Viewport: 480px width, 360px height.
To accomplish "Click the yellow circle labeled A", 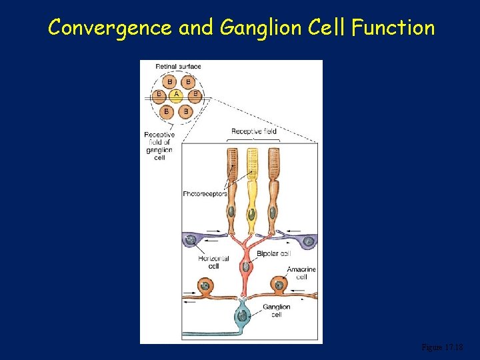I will click(177, 95).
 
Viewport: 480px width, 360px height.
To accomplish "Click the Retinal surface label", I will click(178, 66).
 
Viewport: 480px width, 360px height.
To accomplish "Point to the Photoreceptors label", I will click(205, 194).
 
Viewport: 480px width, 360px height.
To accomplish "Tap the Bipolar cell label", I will click(273, 253).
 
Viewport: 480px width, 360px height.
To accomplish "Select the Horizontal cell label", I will click(213, 262).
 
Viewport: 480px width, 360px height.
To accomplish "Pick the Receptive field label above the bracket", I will click(253, 131).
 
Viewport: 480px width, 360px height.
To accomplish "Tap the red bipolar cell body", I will click(245, 267).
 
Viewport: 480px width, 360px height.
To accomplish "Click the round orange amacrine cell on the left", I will click(202, 287).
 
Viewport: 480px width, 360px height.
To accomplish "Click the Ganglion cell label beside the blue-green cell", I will click(276, 311).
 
